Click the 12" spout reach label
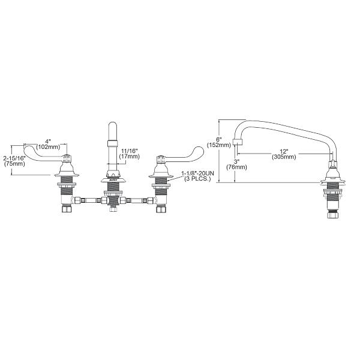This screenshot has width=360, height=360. point(283,151)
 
